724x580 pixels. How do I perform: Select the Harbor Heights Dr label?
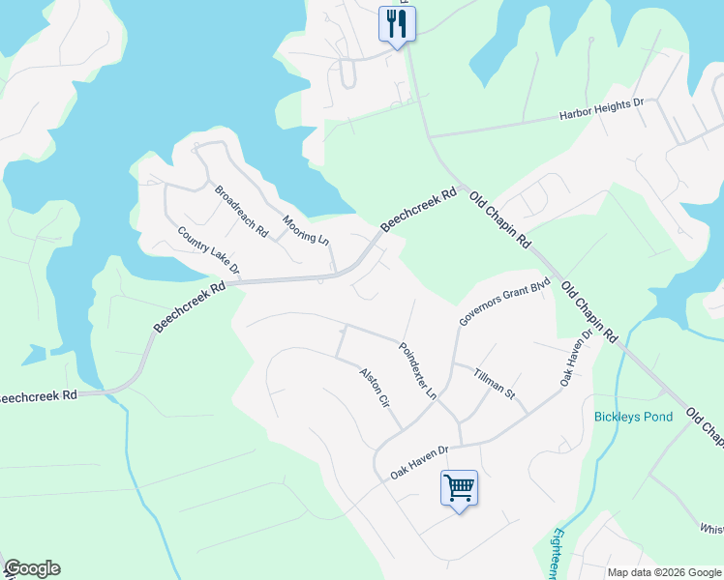(x=601, y=109)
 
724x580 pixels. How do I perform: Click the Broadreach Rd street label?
(x=241, y=212)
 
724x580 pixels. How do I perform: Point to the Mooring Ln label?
(x=306, y=230)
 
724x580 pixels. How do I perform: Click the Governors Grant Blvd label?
(x=503, y=302)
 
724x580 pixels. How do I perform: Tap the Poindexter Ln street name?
(x=418, y=370)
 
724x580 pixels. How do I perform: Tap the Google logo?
(x=31, y=568)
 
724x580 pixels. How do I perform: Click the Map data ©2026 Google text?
(x=664, y=572)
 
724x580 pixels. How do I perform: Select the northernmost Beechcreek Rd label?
(x=418, y=210)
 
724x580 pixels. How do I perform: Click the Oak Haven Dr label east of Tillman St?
(x=574, y=360)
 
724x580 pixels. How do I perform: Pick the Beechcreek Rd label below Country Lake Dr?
(x=189, y=308)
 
